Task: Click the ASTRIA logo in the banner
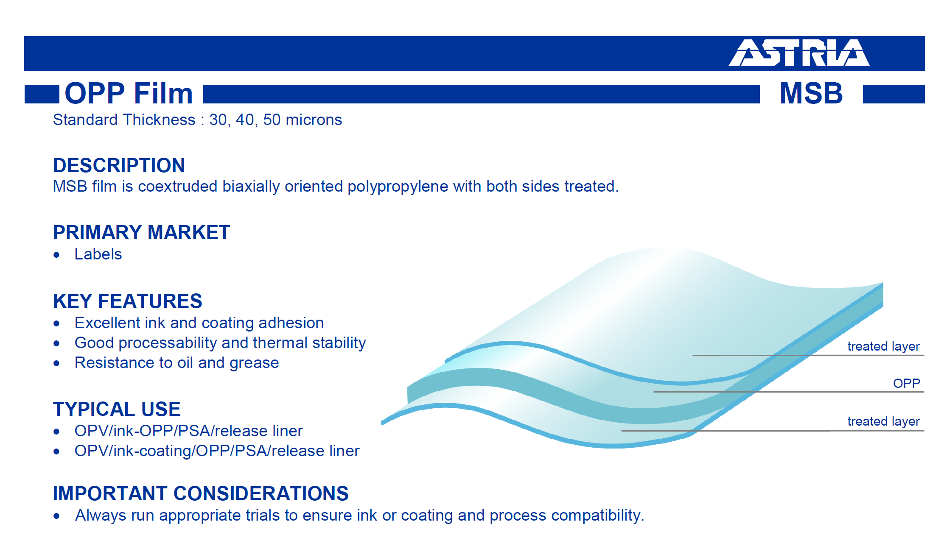[x=799, y=53]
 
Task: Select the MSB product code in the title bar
[x=811, y=93]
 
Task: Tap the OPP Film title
[x=129, y=93]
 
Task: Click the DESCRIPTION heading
[x=119, y=165]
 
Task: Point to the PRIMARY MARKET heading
[x=141, y=232]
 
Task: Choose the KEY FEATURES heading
[x=127, y=301]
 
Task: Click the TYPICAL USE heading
[x=117, y=409]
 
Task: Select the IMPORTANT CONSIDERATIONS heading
[x=201, y=493]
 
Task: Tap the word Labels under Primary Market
[x=98, y=254]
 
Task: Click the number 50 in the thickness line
[x=272, y=120]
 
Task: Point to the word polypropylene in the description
[x=398, y=187]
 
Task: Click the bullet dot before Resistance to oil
[x=57, y=363]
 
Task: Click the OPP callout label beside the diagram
[x=906, y=383]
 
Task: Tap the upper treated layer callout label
[x=883, y=346]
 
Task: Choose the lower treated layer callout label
[x=883, y=421]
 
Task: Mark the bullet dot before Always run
[x=57, y=516]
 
